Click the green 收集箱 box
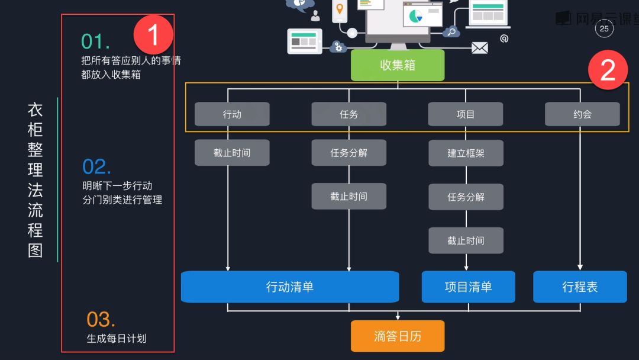398,65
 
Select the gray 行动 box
232,114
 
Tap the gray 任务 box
349,114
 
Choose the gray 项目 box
466,114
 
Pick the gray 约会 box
582,114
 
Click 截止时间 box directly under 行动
232,153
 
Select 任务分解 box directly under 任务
349,153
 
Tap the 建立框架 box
466,153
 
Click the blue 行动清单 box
290,287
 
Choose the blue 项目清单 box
468,287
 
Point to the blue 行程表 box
580,287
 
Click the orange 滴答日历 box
398,336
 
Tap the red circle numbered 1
153,35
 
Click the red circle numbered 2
608,70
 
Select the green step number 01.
95,41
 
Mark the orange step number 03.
101,320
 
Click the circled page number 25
604,28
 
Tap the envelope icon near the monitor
479,48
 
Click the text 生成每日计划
117,339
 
